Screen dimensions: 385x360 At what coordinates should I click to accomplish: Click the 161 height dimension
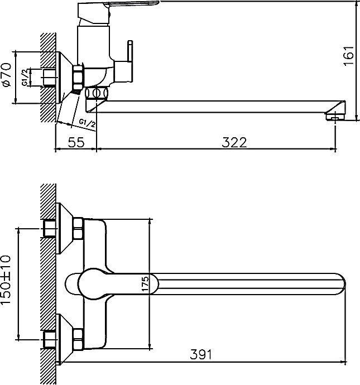coord(349,56)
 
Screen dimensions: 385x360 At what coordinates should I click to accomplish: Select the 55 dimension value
coord(76,142)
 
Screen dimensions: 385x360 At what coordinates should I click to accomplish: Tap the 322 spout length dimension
coord(234,142)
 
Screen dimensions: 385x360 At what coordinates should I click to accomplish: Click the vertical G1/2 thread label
coord(25,76)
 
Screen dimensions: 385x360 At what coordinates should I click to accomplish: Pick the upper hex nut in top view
coord(78,227)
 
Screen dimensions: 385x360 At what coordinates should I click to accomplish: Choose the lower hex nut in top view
coord(78,336)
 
